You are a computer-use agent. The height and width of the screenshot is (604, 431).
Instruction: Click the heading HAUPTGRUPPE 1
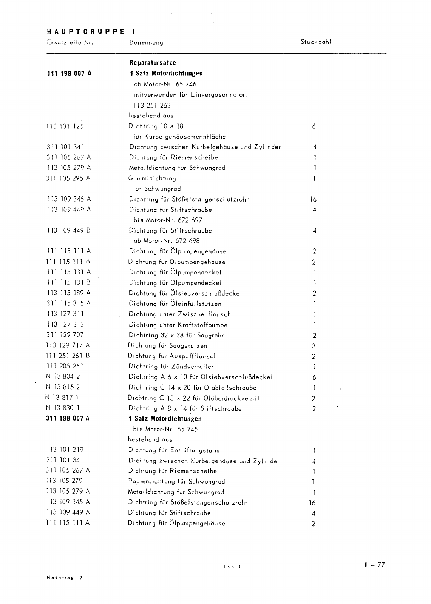coord(91,32)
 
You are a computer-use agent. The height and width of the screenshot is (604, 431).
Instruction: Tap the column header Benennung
coord(146,42)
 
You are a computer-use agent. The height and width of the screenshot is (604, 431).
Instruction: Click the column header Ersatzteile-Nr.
coord(70,42)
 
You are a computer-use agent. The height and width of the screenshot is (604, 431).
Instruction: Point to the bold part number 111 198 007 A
coord(70,74)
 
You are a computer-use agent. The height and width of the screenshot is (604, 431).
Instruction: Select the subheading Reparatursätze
coord(152,63)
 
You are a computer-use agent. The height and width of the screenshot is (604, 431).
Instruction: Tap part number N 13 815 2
coord(63,387)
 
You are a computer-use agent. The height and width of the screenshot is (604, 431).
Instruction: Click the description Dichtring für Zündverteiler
coord(171,367)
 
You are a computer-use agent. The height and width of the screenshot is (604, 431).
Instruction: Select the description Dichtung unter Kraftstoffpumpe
coord(178,325)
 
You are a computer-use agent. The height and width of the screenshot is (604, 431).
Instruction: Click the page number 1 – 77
coord(374,565)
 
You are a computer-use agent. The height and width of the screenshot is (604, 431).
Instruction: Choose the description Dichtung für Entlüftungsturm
coord(174,450)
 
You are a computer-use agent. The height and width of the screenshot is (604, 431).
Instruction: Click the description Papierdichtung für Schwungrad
coord(176,481)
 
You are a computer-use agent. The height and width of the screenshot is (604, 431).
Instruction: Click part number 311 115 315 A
coord(68,303)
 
